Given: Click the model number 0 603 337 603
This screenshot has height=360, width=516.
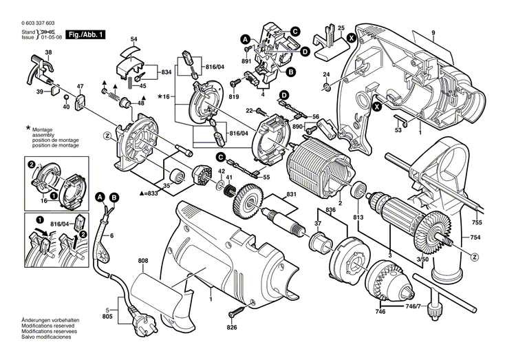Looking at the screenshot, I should [x=27, y=23].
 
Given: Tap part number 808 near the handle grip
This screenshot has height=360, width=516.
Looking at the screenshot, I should [x=142, y=261].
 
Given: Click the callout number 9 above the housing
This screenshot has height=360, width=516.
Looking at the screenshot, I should [x=433, y=33].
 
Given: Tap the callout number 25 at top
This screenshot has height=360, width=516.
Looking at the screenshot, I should [x=341, y=27].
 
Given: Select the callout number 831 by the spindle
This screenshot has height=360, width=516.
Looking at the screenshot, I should [x=291, y=195].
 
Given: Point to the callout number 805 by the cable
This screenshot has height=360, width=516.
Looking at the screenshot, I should [x=107, y=316].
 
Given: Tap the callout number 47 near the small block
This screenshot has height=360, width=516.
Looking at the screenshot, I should [x=80, y=86].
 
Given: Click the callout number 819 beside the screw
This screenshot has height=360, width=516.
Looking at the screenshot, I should [x=235, y=98].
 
